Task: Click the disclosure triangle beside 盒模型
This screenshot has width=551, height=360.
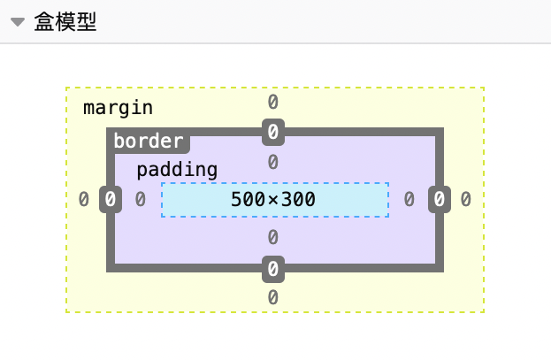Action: click(x=17, y=23)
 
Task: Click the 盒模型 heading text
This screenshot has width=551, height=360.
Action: click(x=65, y=23)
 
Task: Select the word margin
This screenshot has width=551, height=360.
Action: click(x=118, y=108)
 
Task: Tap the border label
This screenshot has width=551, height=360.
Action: click(x=149, y=141)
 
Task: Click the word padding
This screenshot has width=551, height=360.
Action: click(x=177, y=170)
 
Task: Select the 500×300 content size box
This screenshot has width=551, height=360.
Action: click(x=274, y=200)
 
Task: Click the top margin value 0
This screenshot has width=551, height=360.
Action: click(x=273, y=102)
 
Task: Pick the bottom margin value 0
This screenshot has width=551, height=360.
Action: click(x=273, y=297)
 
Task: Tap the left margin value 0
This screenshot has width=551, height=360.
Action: click(x=84, y=200)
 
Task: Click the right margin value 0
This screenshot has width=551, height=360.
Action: click(x=465, y=200)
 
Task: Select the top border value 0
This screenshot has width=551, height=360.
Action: click(x=273, y=133)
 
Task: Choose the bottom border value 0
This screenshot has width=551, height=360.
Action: click(x=273, y=268)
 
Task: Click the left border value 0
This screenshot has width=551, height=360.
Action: click(x=111, y=200)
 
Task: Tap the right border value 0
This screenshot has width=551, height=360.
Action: click(x=440, y=200)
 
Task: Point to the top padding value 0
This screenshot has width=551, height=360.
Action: click(x=273, y=162)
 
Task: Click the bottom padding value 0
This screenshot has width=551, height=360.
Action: click(x=273, y=237)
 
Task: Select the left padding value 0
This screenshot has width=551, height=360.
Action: click(x=141, y=200)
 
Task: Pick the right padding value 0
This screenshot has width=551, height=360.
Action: click(x=409, y=200)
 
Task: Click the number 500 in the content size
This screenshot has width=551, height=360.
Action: click(x=248, y=200)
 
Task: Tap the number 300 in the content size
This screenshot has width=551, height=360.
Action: click(x=299, y=200)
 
